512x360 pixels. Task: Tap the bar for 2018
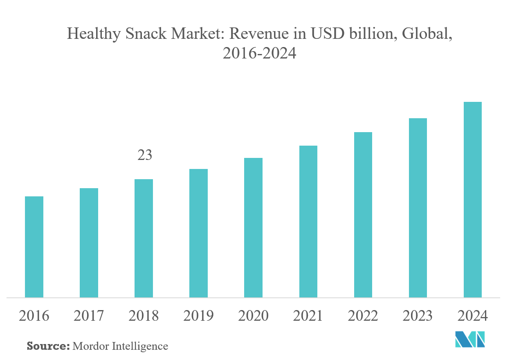pyautogui.click(x=144, y=238)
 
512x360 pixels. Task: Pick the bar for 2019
pyautogui.click(x=198, y=233)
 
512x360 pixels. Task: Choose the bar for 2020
pyautogui.click(x=253, y=227)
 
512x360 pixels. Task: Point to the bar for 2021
pyautogui.click(x=308, y=221)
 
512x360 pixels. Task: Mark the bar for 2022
pyautogui.click(x=363, y=215)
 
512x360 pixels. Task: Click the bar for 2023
pyautogui.click(x=418, y=208)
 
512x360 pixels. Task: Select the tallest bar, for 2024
pyautogui.click(x=472, y=200)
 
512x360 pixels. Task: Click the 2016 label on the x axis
pyautogui.click(x=34, y=316)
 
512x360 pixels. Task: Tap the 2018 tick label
pyautogui.click(x=144, y=316)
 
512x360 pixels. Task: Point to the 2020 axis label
pyautogui.click(x=253, y=316)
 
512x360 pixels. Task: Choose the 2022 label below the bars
pyautogui.click(x=363, y=316)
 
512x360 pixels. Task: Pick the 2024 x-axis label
pyautogui.click(x=472, y=316)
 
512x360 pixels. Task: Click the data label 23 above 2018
pyautogui.click(x=144, y=155)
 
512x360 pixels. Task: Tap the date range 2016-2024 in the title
pyautogui.click(x=259, y=53)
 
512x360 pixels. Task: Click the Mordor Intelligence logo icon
pyautogui.click(x=470, y=340)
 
